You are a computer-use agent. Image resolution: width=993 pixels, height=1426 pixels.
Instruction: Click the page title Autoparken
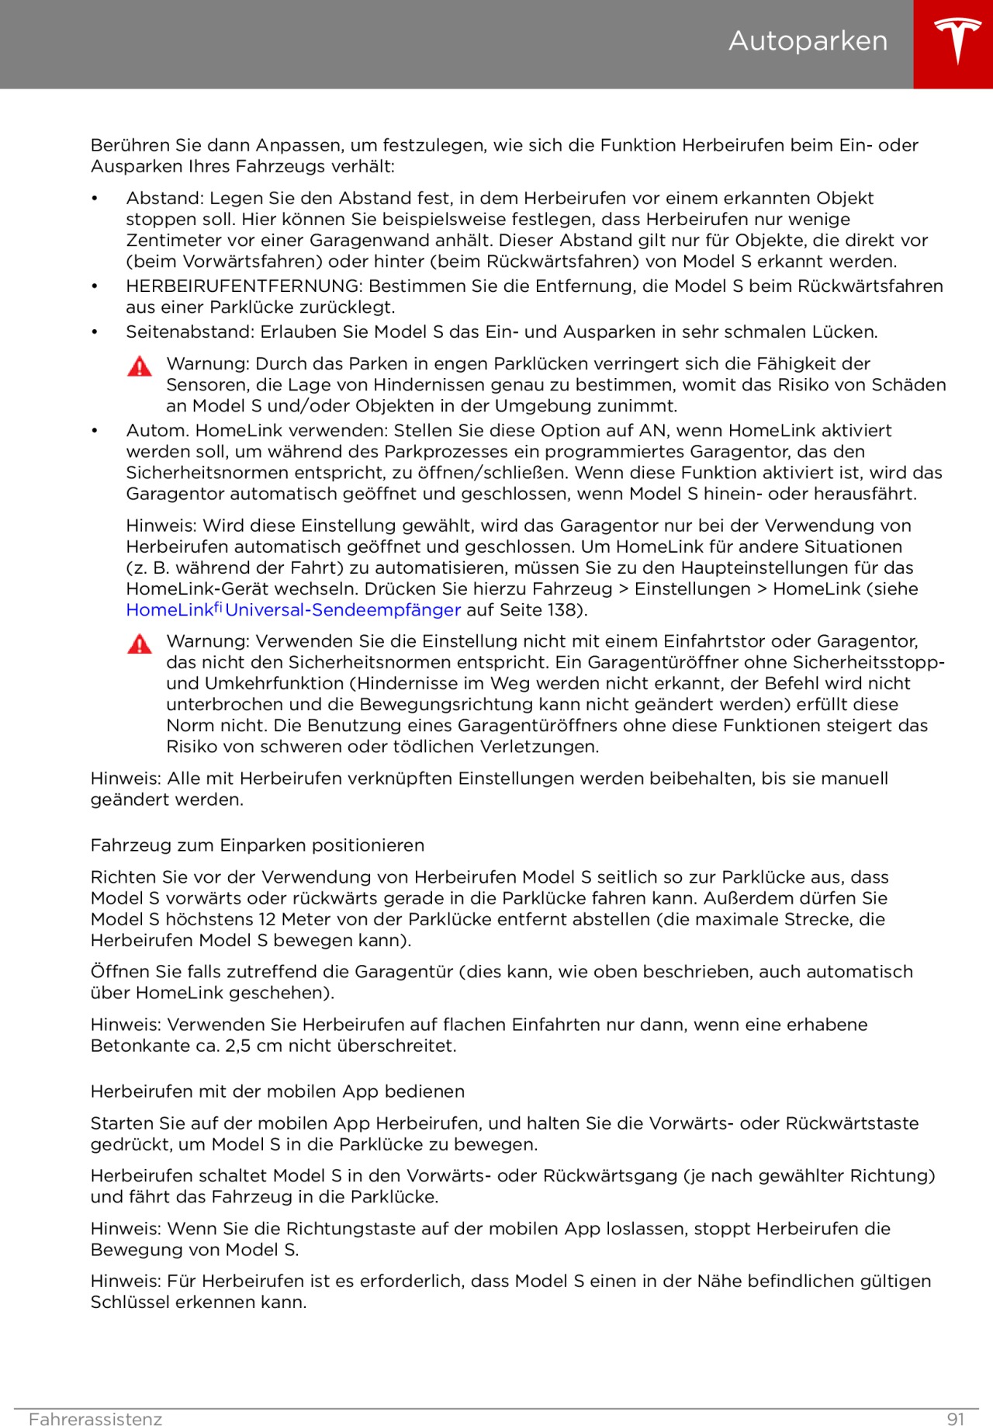(808, 41)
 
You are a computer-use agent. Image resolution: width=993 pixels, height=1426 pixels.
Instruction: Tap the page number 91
(956, 1419)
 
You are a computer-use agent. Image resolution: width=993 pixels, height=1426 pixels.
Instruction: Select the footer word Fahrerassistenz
(95, 1419)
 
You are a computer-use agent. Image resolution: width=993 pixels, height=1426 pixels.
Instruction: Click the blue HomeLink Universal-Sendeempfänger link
(293, 610)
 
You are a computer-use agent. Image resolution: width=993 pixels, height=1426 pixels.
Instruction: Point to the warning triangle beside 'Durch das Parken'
(140, 366)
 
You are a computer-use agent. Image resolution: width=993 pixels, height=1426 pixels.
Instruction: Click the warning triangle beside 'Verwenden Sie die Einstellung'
(140, 644)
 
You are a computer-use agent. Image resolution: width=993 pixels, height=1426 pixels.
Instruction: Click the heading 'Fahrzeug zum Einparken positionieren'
(258, 845)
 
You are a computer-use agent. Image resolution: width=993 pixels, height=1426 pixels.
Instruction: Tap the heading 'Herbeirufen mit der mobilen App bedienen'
(278, 1091)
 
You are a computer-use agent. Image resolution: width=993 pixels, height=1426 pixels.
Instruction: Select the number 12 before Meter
(267, 919)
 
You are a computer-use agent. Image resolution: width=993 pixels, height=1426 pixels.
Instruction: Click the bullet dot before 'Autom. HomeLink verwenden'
(95, 431)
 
